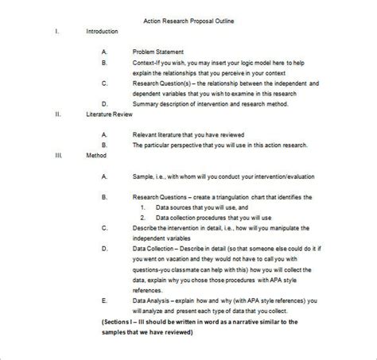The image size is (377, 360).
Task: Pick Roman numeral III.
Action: [x=59, y=156]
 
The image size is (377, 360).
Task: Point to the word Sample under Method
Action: [x=144, y=176]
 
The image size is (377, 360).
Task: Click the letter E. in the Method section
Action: [x=105, y=300]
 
